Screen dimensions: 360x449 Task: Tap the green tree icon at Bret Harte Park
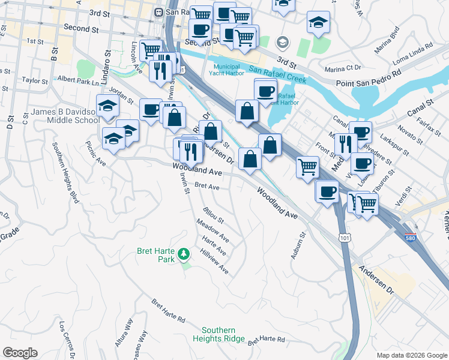tap(185, 254)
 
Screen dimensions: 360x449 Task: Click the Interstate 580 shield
tap(411, 237)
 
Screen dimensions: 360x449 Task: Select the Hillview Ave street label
tap(214, 262)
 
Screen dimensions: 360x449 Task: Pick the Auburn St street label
tap(298, 245)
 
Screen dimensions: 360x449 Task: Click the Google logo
tap(20, 353)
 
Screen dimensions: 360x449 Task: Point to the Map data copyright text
tap(411, 355)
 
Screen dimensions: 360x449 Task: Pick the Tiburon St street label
tap(383, 186)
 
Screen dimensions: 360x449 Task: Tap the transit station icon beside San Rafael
tap(159, 11)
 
